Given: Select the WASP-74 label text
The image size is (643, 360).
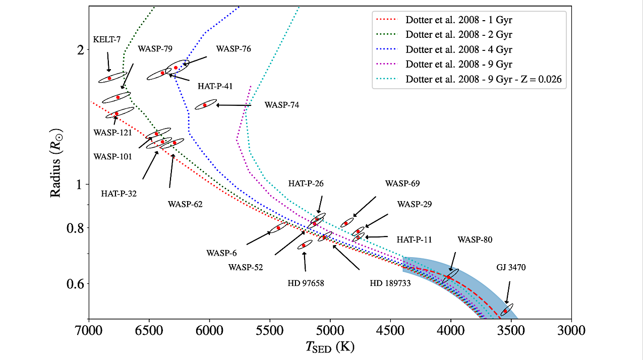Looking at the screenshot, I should click(281, 105).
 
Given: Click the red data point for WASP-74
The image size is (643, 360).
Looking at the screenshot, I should click(205, 105).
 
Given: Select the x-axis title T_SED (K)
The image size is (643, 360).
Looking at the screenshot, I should click(330, 347).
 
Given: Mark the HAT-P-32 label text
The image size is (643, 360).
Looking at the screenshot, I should click(119, 193).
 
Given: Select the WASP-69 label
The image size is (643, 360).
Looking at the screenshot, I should click(402, 184).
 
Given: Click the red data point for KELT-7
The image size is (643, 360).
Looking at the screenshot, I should click(109, 78).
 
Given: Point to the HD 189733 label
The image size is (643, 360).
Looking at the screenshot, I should click(390, 283).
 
